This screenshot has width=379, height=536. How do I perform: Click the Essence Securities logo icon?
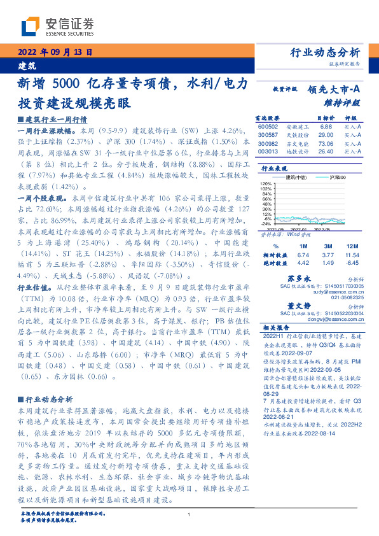31,25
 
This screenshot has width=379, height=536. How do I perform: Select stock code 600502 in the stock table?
268,127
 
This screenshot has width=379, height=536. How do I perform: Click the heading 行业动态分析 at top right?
325,52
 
